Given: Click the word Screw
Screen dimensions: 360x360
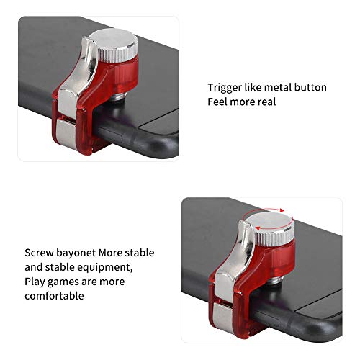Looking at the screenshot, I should (38, 253).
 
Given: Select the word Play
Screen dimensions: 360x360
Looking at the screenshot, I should (35, 282).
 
